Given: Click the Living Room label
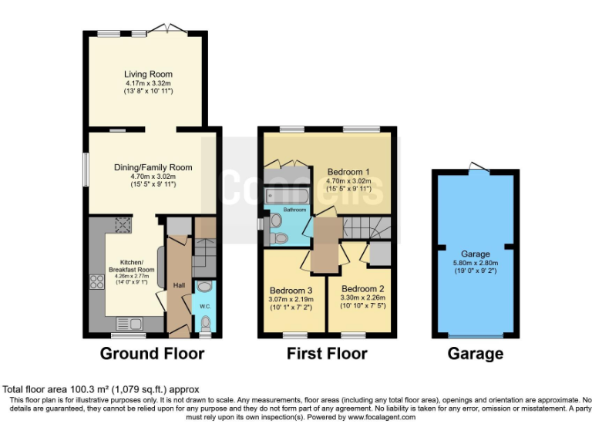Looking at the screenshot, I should point(146,74).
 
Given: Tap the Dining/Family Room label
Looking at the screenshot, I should point(152,167).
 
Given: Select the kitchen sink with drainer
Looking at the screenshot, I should point(129,324).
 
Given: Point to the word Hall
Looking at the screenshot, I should point(179,286).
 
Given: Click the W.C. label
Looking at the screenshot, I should point(204,306).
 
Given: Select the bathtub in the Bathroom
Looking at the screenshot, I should point(286,197).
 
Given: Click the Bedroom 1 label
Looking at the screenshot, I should point(349,172).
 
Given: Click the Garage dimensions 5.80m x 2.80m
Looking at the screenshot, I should point(475,262).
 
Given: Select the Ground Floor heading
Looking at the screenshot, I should point(153,354).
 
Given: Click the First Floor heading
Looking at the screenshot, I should point(327,354).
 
